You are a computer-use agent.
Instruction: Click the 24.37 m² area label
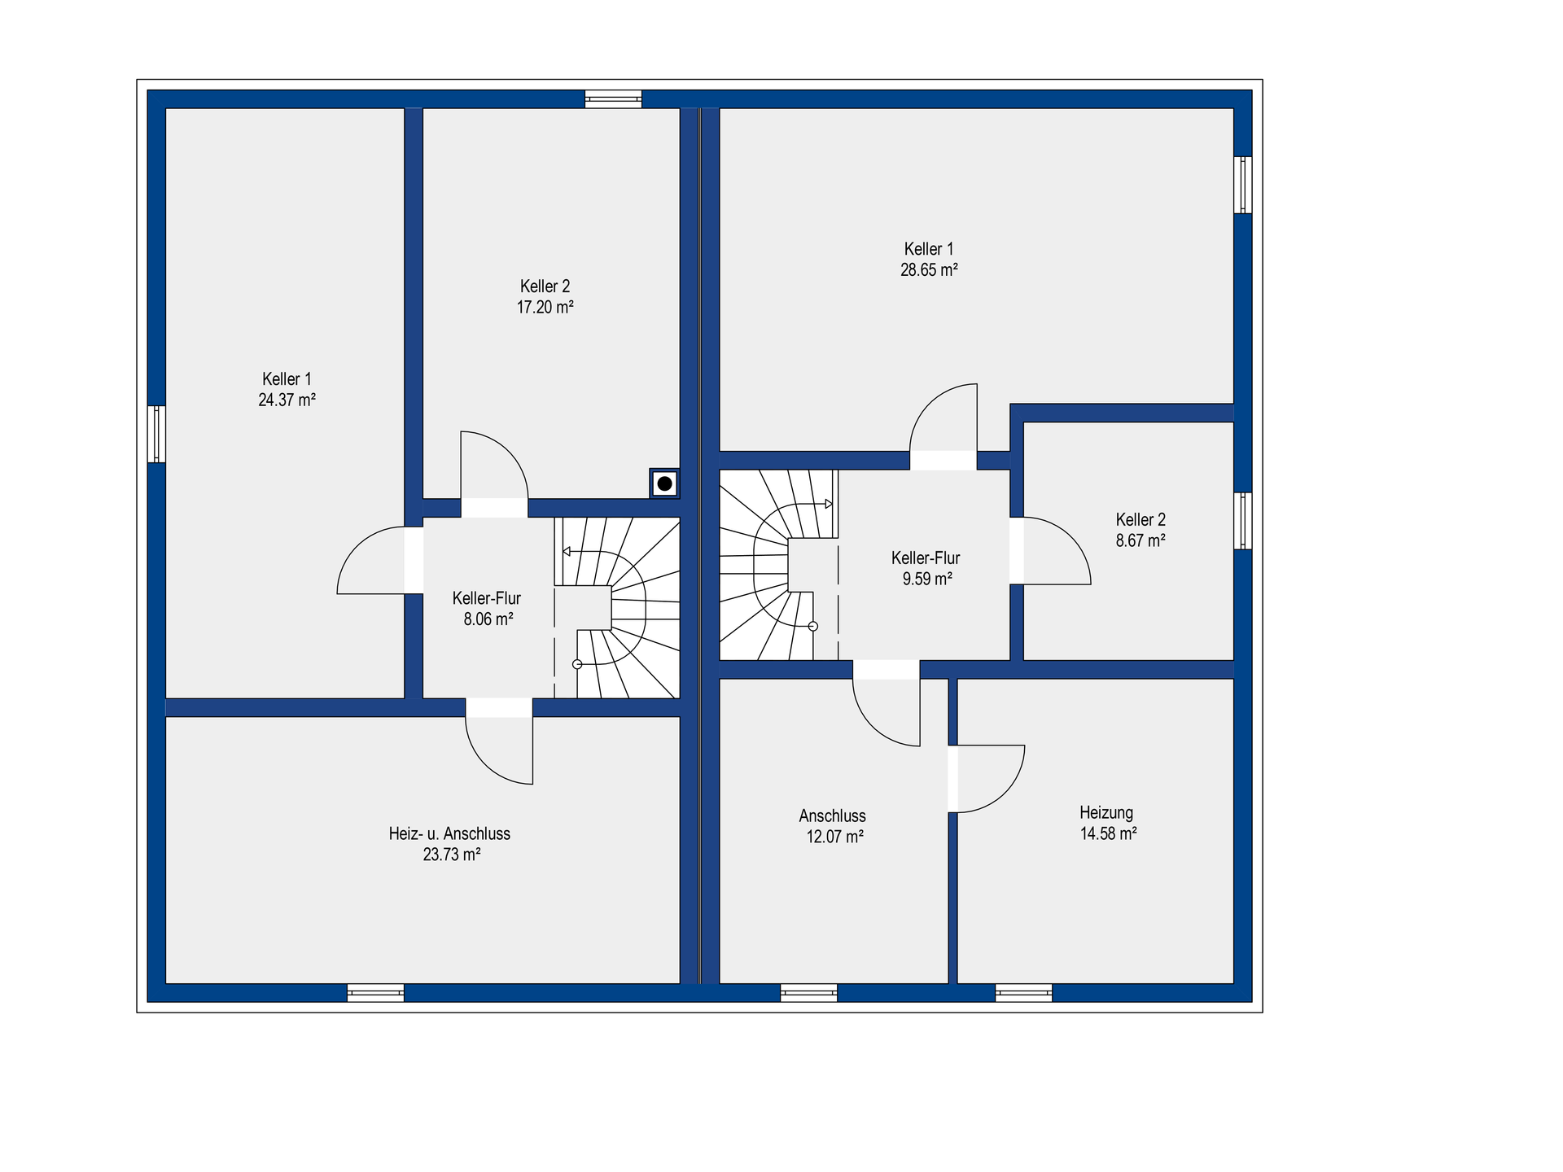[287, 400]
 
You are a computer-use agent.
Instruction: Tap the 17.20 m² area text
[545, 307]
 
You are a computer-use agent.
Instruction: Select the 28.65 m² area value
[929, 269]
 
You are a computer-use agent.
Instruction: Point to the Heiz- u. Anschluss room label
[449, 833]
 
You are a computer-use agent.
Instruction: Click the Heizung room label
[1106, 812]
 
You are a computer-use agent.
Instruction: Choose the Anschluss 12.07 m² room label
[833, 826]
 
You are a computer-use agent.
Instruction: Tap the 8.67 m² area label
[1141, 540]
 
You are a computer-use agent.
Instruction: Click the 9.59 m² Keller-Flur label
[926, 568]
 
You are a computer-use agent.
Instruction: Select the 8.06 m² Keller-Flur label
[488, 609]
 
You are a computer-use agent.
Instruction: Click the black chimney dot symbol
[665, 483]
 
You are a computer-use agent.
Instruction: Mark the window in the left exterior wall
[156, 434]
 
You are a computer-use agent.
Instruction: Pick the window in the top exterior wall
[614, 99]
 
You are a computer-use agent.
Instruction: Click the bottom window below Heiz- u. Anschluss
[375, 992]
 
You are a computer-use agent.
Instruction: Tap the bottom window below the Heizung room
[1023, 992]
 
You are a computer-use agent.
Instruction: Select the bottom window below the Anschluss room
[808, 992]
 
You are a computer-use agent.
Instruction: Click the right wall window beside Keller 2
[1242, 521]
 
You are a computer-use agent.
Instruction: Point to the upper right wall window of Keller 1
[1242, 185]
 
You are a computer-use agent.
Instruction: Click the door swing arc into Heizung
[1005, 793]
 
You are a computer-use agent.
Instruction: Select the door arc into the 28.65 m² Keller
[929, 403]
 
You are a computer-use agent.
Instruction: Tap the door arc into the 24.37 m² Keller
[357, 547]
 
